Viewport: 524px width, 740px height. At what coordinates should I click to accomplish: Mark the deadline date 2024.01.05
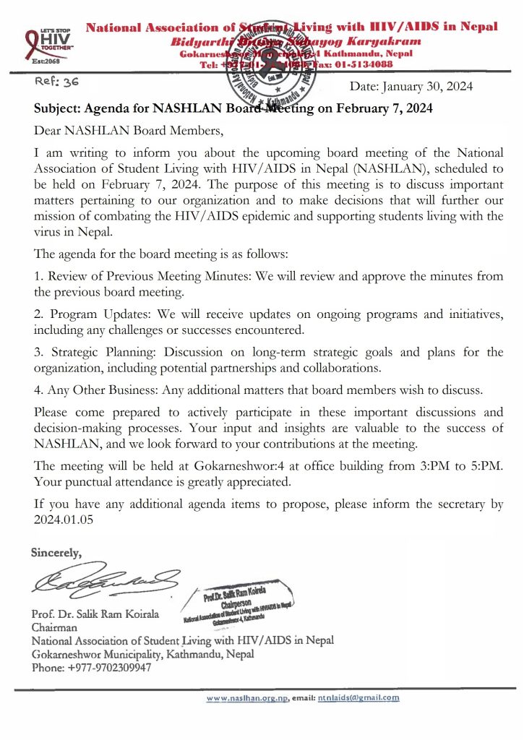63,518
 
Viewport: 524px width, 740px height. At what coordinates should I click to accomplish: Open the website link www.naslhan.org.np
246,698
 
